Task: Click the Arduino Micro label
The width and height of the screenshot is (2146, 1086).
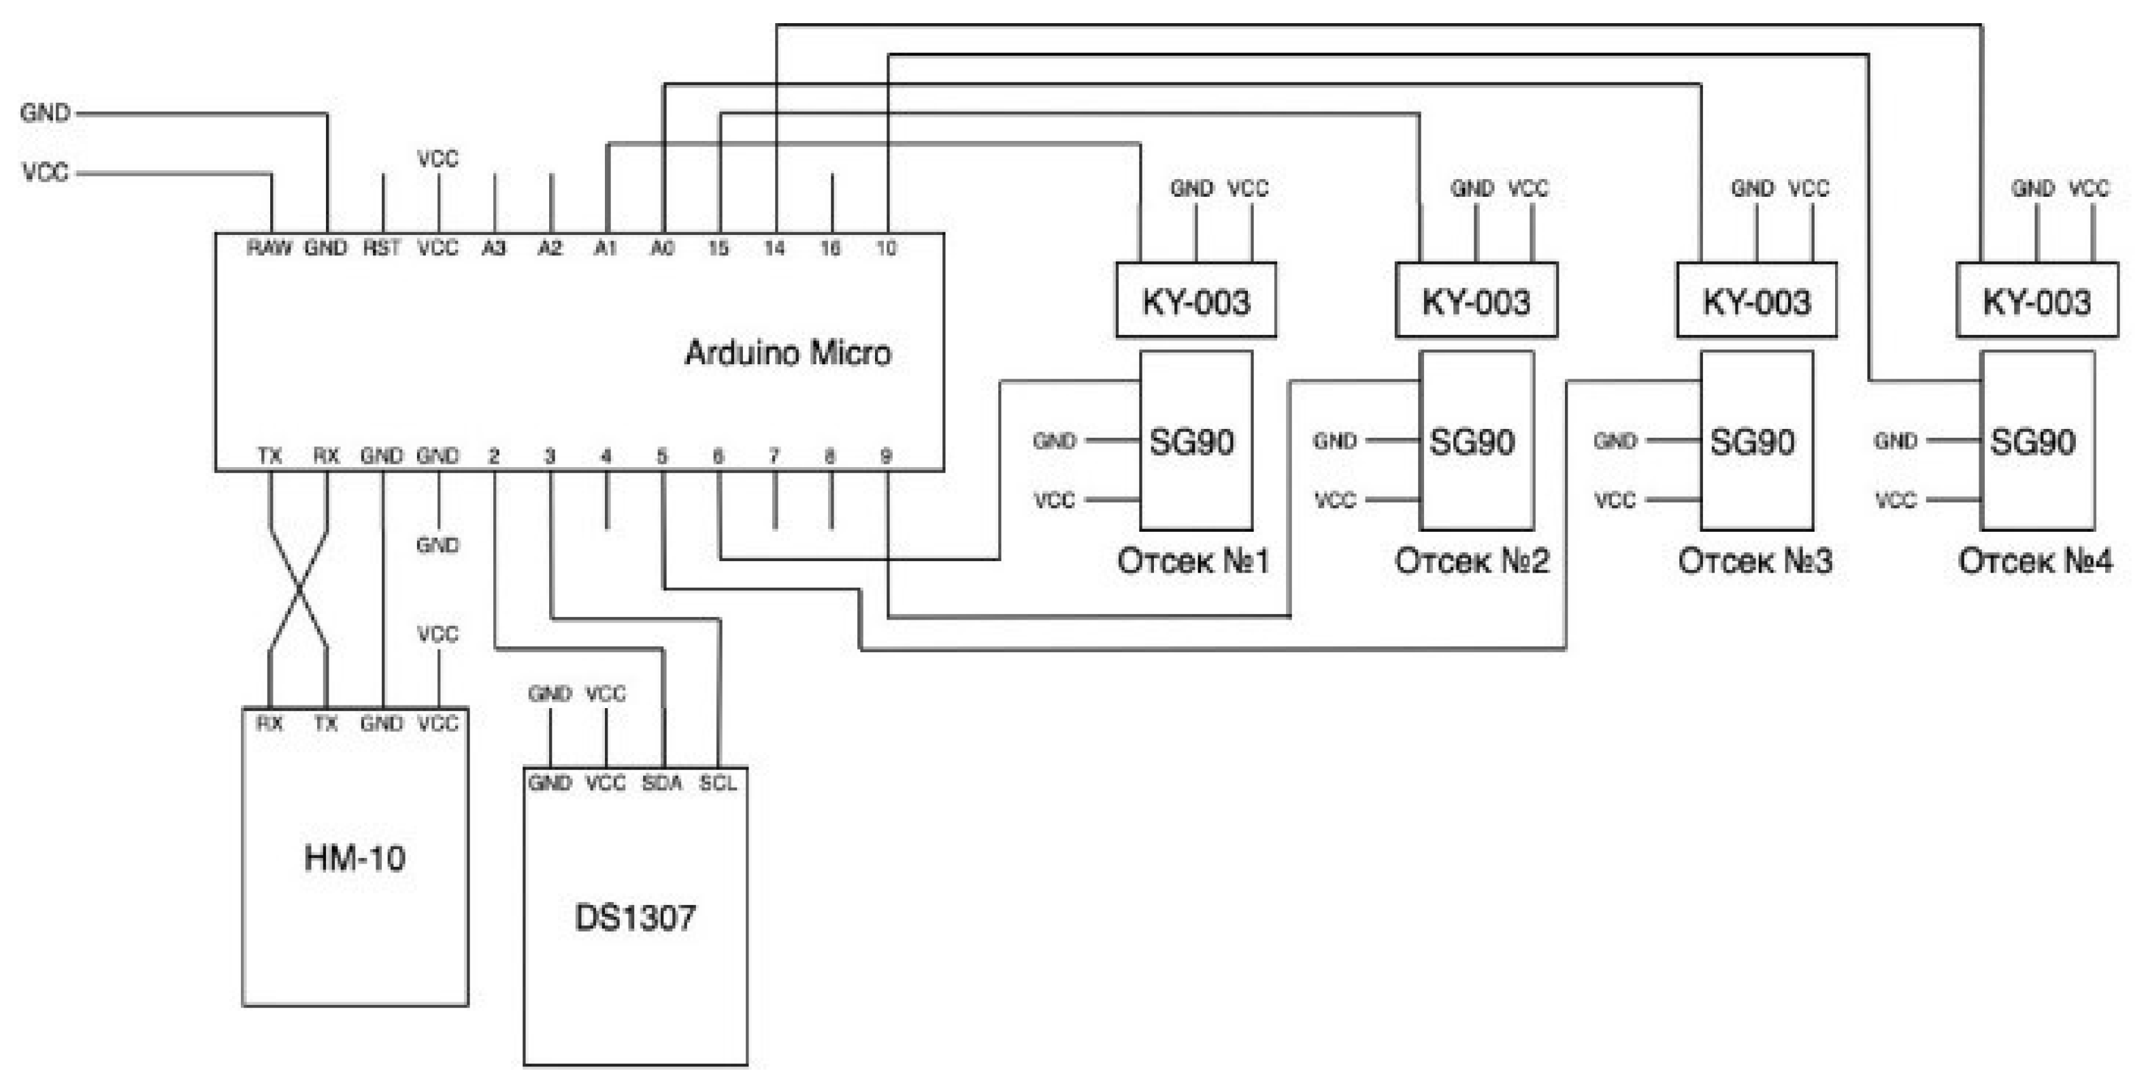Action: coord(787,353)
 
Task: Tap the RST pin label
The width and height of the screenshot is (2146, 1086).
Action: coord(382,248)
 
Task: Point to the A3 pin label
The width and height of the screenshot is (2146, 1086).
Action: coord(494,248)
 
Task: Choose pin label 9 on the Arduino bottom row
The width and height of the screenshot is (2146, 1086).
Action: coord(886,456)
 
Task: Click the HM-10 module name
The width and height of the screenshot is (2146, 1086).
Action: coord(355,858)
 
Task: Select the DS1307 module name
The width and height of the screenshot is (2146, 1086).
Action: coord(635,918)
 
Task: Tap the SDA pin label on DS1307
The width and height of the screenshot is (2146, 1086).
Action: coord(661,782)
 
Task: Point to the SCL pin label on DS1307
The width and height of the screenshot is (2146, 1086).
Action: coord(717,782)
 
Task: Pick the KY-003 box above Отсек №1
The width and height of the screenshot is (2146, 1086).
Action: coord(1195,301)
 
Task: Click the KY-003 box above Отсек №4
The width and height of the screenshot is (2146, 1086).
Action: coord(2037,301)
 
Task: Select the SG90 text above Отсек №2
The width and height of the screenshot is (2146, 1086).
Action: coord(1472,442)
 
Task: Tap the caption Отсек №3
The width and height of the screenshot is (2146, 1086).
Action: coord(1755,561)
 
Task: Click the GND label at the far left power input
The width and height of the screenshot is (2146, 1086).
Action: coord(45,112)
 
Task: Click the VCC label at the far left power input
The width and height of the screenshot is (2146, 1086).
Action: coord(45,172)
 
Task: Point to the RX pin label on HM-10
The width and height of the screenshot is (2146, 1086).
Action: coord(269,724)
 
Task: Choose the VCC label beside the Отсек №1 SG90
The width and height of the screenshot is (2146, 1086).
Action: coord(1054,500)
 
